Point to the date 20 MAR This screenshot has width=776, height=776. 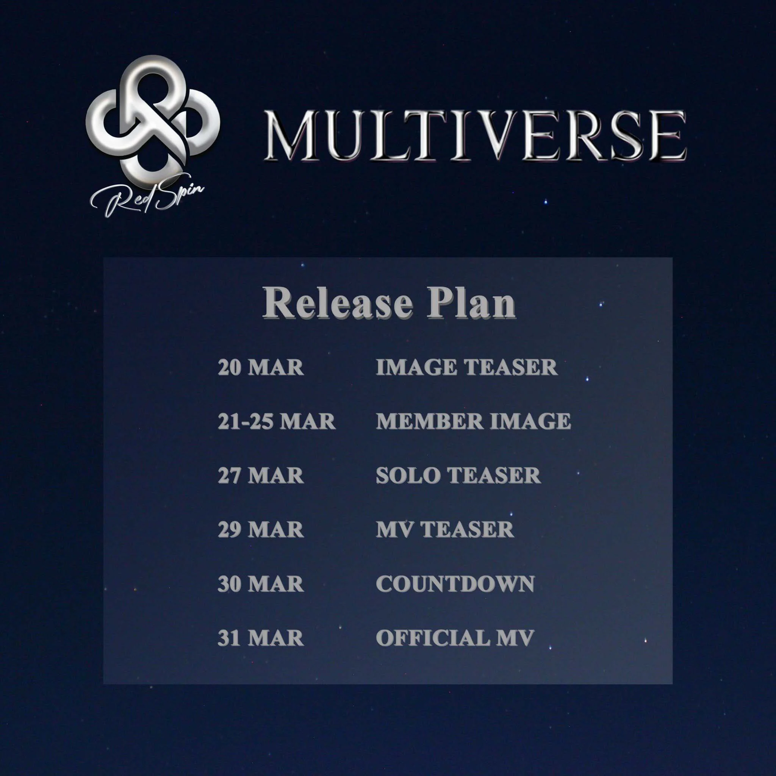click(x=261, y=368)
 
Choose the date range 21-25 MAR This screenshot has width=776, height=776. click(x=276, y=421)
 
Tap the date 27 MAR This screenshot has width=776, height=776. click(x=261, y=476)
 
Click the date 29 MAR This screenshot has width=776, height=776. click(x=261, y=529)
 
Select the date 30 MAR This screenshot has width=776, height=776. click(x=261, y=584)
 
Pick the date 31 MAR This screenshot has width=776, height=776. click(x=261, y=638)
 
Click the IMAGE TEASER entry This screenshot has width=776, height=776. click(x=467, y=368)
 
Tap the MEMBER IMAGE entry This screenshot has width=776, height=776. click(x=474, y=421)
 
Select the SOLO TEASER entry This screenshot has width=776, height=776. click(x=458, y=476)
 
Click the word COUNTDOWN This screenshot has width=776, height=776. click(x=455, y=584)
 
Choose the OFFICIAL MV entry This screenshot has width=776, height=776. click(x=455, y=638)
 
